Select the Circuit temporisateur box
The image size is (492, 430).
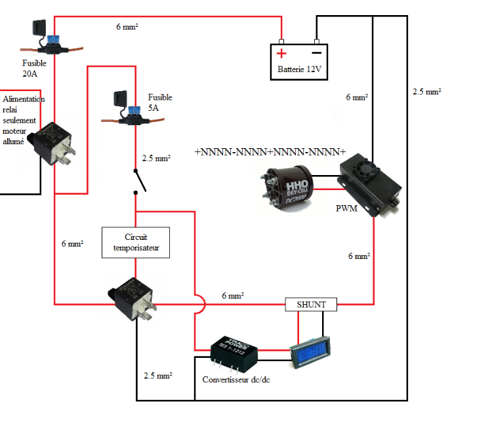[x=136, y=243]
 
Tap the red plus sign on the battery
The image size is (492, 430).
[x=281, y=54]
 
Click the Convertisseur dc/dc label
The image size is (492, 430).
[x=236, y=380]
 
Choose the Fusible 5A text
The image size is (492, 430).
[x=159, y=102]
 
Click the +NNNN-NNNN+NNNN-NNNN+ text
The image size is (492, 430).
[x=270, y=152]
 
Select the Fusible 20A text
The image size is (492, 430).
[x=34, y=69]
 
